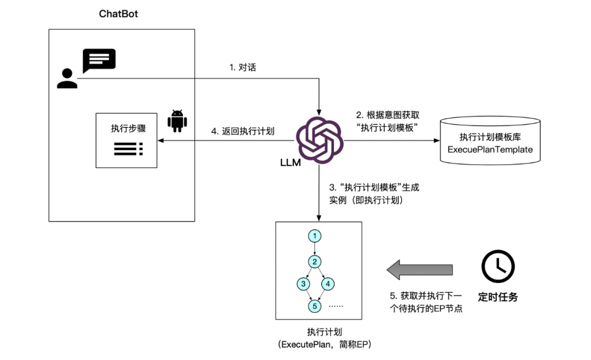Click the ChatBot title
point(118,14)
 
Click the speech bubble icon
point(99,60)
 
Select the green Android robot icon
point(176,121)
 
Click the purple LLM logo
point(320,140)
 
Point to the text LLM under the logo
point(290,162)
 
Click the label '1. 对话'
point(243,68)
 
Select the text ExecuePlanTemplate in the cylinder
point(490,149)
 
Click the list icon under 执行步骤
point(128,147)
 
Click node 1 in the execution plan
point(315,236)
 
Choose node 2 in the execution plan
point(315,260)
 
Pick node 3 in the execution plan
point(303,284)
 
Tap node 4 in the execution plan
point(327,284)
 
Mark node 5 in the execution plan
point(315,306)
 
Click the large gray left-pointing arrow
point(420,269)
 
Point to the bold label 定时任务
point(497,298)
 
